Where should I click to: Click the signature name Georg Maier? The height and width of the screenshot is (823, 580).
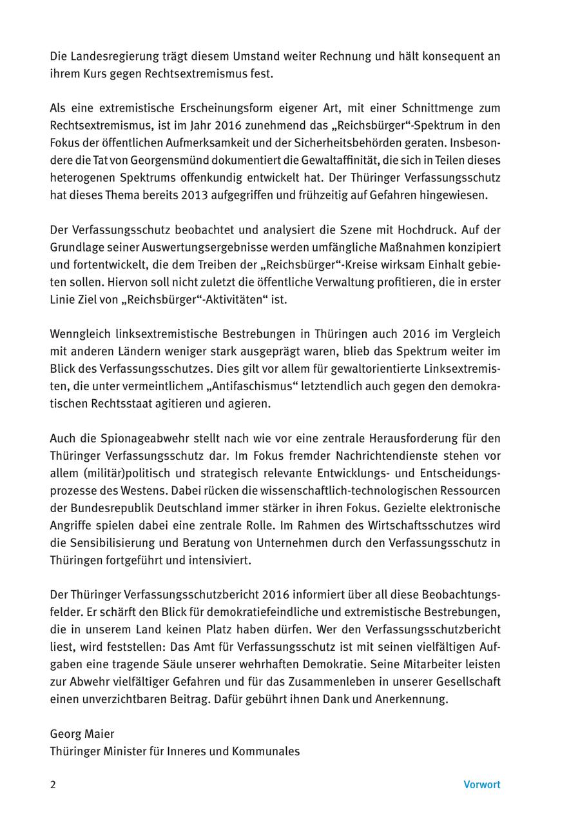[x=82, y=734]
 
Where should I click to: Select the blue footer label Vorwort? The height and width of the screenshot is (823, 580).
[x=481, y=785]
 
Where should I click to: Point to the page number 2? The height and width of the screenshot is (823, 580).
[x=53, y=785]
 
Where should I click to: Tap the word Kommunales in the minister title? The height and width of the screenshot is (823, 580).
[x=268, y=751]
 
